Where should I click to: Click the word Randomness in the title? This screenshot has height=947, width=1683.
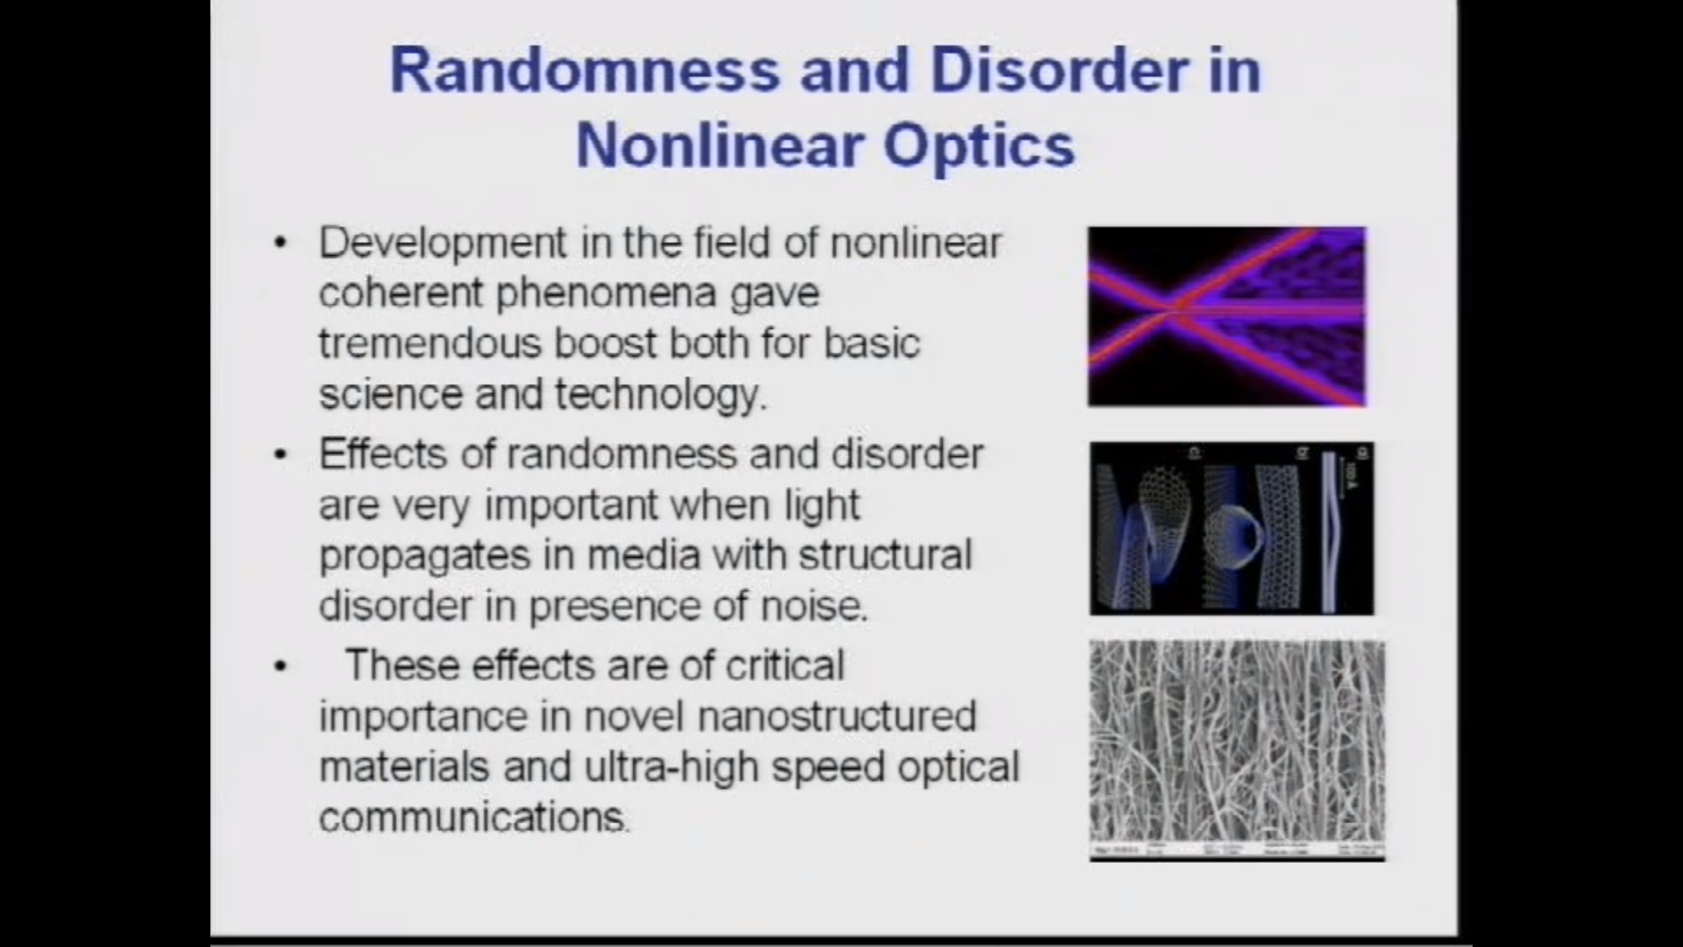point(585,70)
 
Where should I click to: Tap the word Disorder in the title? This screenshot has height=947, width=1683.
point(1059,70)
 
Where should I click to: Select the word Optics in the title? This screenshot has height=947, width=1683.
point(978,145)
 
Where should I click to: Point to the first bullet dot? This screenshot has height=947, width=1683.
point(280,243)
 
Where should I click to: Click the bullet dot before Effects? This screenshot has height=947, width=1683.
point(280,454)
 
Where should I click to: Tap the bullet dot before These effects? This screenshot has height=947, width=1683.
point(280,666)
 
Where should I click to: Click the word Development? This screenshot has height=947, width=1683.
point(443,243)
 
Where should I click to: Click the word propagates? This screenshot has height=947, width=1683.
point(424,556)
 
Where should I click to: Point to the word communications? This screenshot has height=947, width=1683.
point(472,817)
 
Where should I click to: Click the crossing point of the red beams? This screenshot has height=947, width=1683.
point(1170,310)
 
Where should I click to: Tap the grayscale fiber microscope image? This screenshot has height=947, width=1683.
point(1236,745)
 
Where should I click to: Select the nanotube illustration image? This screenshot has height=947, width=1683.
point(1232,528)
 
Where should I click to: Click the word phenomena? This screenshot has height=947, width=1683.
point(607,293)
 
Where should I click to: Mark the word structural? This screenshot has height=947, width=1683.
point(885,556)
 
